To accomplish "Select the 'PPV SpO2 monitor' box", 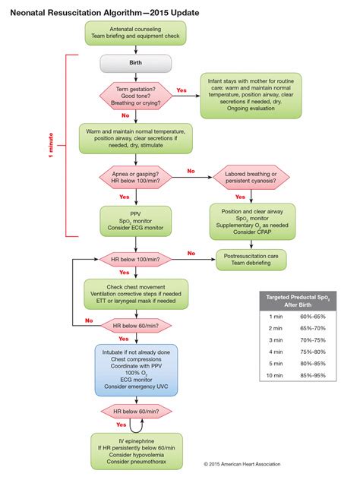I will point(135,219).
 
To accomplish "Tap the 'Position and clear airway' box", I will point(255,219).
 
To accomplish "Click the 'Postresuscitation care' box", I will point(255,260).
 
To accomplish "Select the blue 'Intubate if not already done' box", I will point(135,369).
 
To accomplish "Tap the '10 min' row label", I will point(276,375).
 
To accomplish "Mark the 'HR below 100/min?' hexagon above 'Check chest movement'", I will point(135,260).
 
